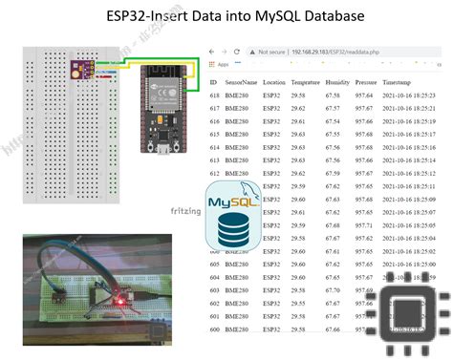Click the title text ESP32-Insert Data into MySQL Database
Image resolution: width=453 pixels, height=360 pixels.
pyautogui.click(x=226, y=16)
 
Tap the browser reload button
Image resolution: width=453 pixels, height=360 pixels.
pyautogui.click(x=226, y=53)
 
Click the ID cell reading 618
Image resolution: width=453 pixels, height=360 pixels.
pyautogui.click(x=215, y=96)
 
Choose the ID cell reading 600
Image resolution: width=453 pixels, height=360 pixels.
pyautogui.click(x=215, y=328)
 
